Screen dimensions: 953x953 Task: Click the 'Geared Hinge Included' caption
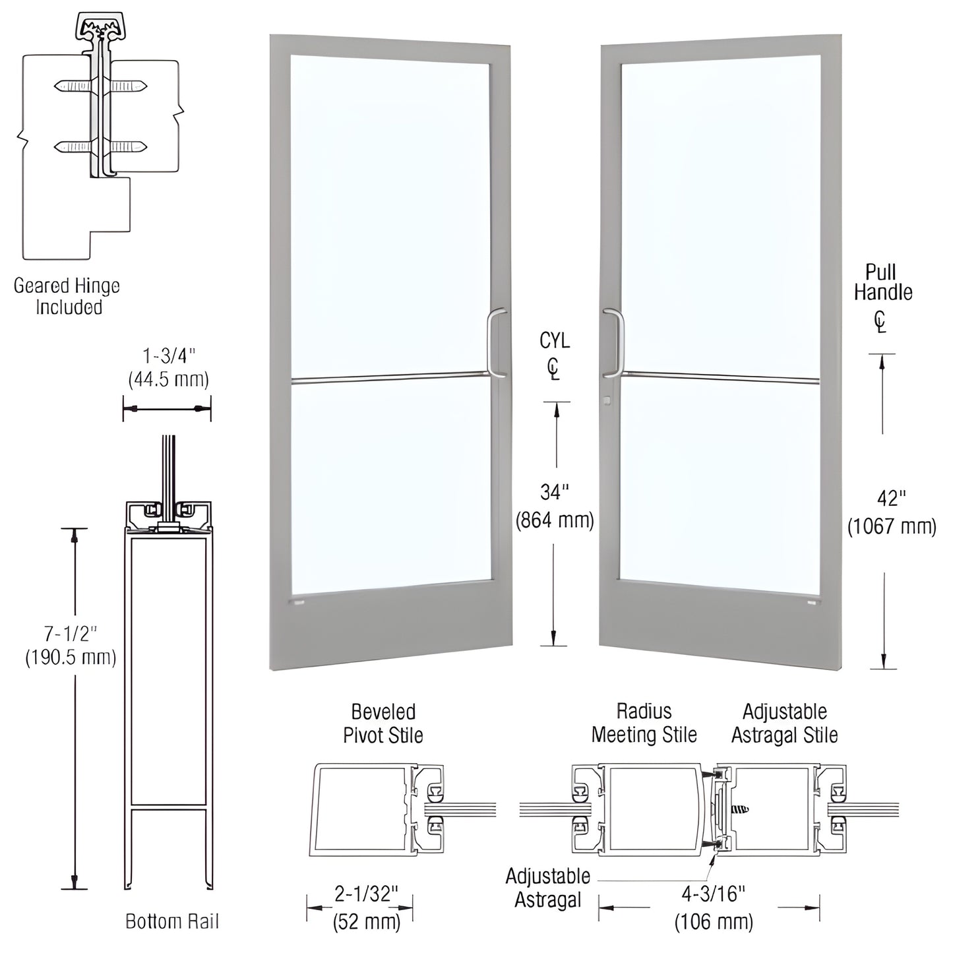click(x=67, y=296)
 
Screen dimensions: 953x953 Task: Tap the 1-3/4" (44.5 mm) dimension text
click(x=169, y=367)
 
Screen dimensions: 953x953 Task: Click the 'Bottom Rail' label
click(x=172, y=921)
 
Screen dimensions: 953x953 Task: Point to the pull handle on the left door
click(x=497, y=343)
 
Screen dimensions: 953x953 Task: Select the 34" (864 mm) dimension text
click(x=555, y=507)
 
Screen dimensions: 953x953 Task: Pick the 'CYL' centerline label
click(x=555, y=341)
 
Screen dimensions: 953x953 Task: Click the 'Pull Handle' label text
click(x=883, y=282)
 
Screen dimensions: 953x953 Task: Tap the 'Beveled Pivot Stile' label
click(x=383, y=723)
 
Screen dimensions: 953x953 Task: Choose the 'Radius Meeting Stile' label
click(x=644, y=723)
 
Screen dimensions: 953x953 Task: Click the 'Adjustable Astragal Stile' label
click(x=784, y=723)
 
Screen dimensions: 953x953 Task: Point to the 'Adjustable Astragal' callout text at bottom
click(x=548, y=888)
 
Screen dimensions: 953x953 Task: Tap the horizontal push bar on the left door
click(x=389, y=377)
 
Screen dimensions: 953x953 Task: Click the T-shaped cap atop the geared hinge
click(x=100, y=28)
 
